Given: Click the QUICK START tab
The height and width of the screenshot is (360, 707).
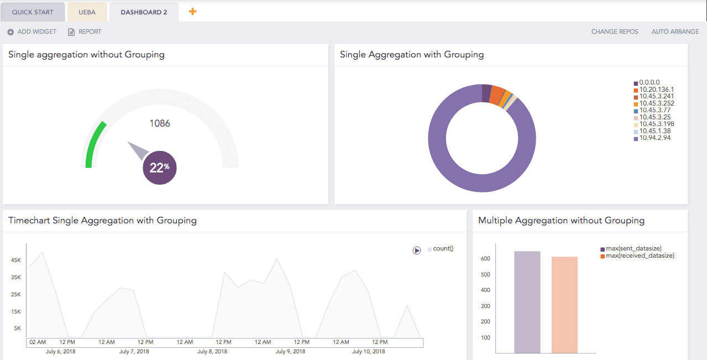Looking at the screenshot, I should click(33, 12).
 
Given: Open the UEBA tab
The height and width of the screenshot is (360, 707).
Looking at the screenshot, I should click(87, 12).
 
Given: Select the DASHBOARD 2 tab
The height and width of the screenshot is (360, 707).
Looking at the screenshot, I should click(144, 12).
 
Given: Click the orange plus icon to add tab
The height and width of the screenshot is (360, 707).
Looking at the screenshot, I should click(192, 11).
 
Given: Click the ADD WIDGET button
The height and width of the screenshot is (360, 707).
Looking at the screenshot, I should click(32, 32).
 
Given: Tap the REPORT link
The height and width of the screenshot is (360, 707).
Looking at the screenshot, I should click(85, 32).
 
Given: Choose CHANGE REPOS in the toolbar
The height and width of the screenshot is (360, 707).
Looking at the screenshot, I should click(614, 32).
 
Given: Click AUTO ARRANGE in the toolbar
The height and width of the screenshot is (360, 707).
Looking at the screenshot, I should click(675, 32).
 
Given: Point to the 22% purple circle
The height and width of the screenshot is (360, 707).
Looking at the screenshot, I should click(160, 168).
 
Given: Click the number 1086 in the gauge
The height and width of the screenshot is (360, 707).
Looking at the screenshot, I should click(160, 123).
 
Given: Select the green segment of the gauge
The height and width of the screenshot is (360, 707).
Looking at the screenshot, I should click(95, 144).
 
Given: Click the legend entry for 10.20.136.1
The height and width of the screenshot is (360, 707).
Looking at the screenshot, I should click(656, 90).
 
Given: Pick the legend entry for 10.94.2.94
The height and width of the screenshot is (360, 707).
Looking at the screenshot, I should click(654, 138).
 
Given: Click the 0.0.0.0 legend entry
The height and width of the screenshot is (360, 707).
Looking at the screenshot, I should click(649, 82).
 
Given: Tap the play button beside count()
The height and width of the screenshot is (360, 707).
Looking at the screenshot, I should click(417, 251).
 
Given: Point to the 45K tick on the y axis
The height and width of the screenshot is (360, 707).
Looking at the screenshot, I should click(16, 260).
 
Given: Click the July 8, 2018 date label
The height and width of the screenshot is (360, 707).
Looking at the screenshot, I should click(213, 352).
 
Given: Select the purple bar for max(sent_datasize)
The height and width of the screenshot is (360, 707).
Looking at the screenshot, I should click(527, 302).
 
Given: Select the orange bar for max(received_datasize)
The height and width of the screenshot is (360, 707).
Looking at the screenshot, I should click(564, 305).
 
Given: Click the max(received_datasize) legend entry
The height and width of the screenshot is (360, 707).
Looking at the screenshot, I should click(640, 255).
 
